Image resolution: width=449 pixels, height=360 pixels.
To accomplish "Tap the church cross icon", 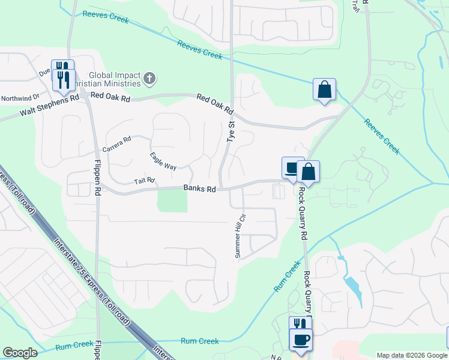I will point(149,78).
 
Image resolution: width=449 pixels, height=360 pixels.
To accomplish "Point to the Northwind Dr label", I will point(20,97).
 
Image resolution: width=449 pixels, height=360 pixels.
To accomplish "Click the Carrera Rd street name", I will point(116,145).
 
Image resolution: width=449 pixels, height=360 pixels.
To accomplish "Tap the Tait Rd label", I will point(144,180).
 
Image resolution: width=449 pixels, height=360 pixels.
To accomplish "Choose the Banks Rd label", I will point(199,188).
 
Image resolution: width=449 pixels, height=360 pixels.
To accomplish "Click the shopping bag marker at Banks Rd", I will point(308,172).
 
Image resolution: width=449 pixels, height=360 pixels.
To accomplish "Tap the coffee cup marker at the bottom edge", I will point(300,340).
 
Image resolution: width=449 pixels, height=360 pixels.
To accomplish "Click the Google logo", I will point(20,353).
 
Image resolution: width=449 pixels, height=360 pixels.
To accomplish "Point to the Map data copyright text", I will point(412,355).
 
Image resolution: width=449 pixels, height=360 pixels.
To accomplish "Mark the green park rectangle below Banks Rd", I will point(172,200).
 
